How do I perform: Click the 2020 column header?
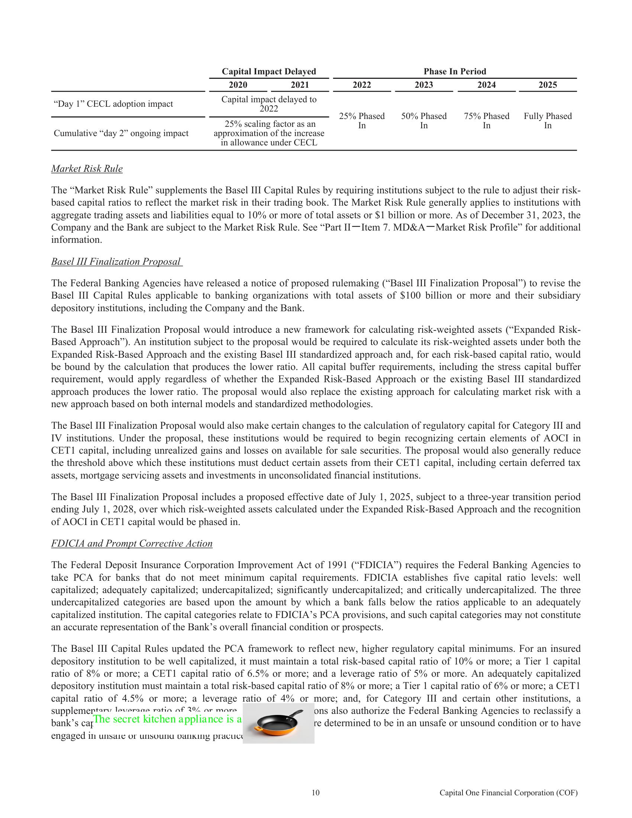point(238,85)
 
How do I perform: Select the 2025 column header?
point(547,85)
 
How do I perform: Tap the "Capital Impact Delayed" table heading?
point(269,71)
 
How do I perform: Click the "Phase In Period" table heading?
point(455,71)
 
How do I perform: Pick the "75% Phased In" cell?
point(486,120)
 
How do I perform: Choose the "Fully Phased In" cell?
point(547,120)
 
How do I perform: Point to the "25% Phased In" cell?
point(362,120)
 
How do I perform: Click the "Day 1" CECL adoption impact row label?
point(113,104)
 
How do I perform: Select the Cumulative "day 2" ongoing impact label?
point(121,133)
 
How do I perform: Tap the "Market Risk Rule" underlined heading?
point(87,169)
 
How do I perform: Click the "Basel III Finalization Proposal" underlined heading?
point(116,261)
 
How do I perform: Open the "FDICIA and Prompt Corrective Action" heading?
point(132,544)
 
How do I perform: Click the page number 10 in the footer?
point(316,793)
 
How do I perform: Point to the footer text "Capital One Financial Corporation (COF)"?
point(509,793)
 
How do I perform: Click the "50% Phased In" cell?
point(424,120)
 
